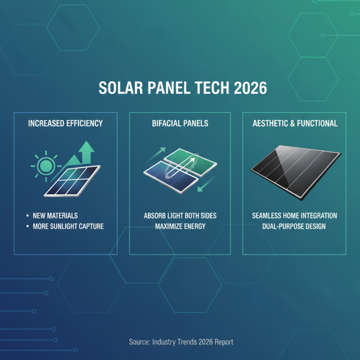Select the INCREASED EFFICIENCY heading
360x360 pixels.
click(x=65, y=123)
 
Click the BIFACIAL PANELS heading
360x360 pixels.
click(x=180, y=123)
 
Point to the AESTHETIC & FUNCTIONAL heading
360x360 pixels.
click(x=294, y=123)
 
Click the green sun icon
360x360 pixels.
click(x=45, y=166)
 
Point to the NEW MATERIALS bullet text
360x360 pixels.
click(x=55, y=216)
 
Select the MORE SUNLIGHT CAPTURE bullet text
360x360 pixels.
click(x=68, y=226)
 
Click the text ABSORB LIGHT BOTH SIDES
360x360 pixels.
click(x=180, y=216)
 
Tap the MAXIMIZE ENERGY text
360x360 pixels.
click(x=180, y=226)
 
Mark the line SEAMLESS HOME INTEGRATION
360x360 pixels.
click(x=294, y=216)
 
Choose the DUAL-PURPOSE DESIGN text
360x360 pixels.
click(x=294, y=226)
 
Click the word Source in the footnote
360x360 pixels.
click(x=139, y=342)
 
